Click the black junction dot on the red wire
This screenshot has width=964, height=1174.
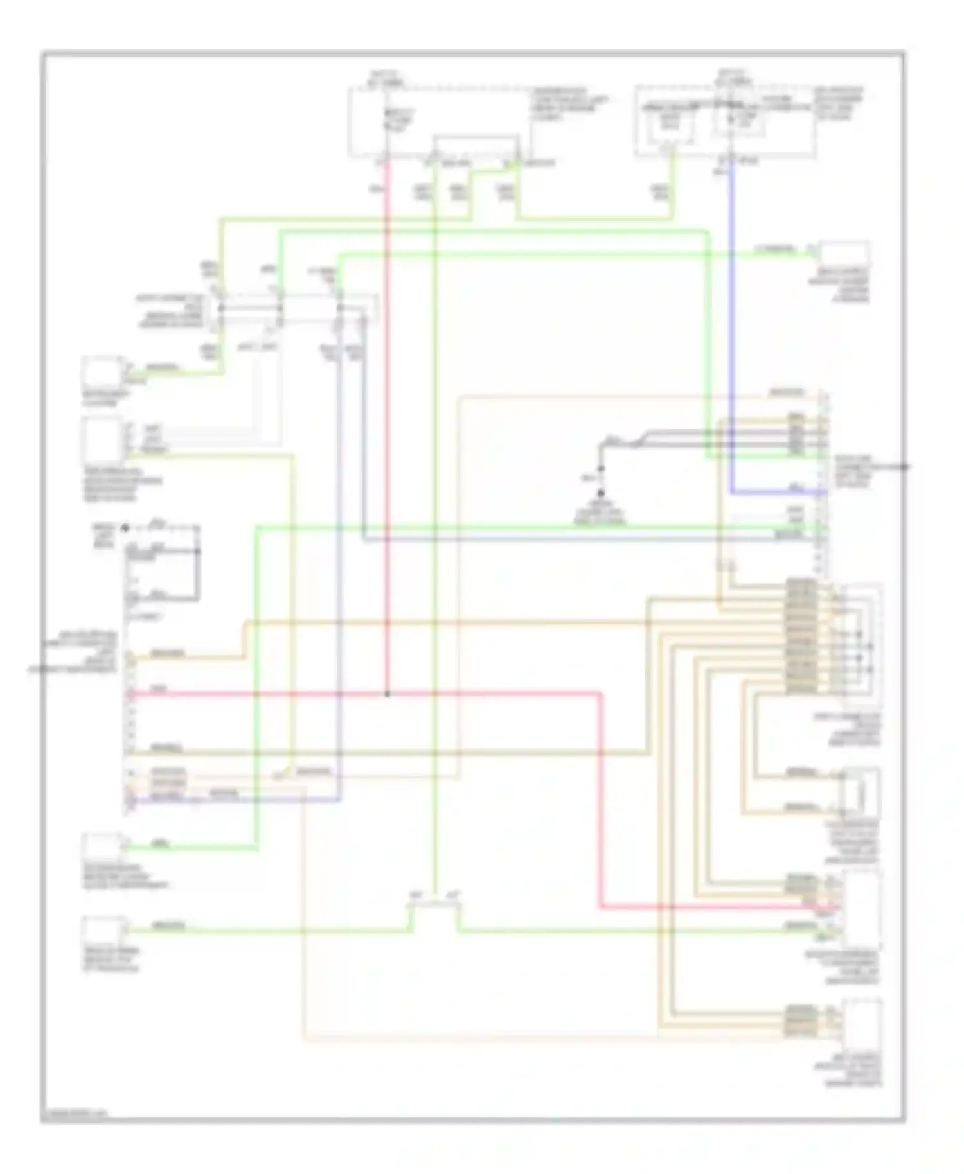[387, 694]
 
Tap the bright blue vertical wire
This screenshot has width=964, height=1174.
[732, 321]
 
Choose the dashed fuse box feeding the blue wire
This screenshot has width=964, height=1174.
[726, 122]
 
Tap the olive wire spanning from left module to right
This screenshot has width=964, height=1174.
[386, 751]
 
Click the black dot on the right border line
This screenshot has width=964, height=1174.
[904, 467]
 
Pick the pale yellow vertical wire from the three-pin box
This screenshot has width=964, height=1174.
[292, 610]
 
